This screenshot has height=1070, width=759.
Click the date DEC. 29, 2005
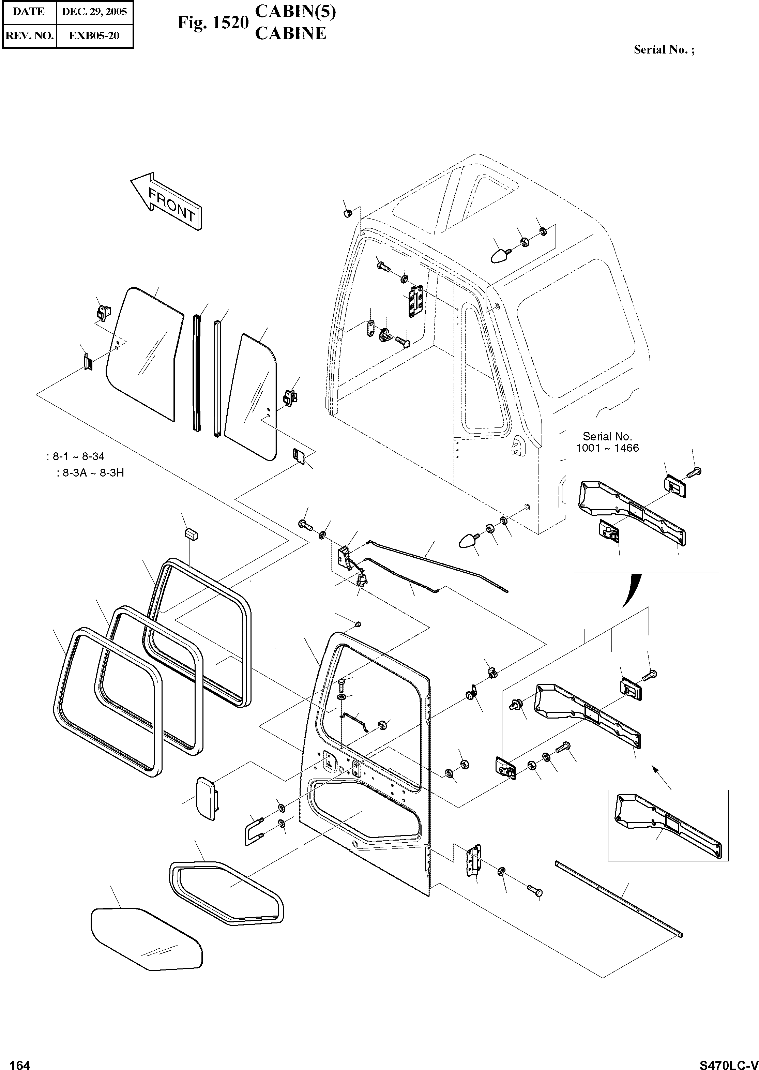(x=94, y=12)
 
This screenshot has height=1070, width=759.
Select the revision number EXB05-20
(x=94, y=35)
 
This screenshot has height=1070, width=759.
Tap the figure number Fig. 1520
(x=213, y=23)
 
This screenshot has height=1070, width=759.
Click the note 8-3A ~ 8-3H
(x=91, y=472)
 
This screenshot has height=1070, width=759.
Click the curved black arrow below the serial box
(x=631, y=590)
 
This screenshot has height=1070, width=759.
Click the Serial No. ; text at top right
(x=664, y=49)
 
